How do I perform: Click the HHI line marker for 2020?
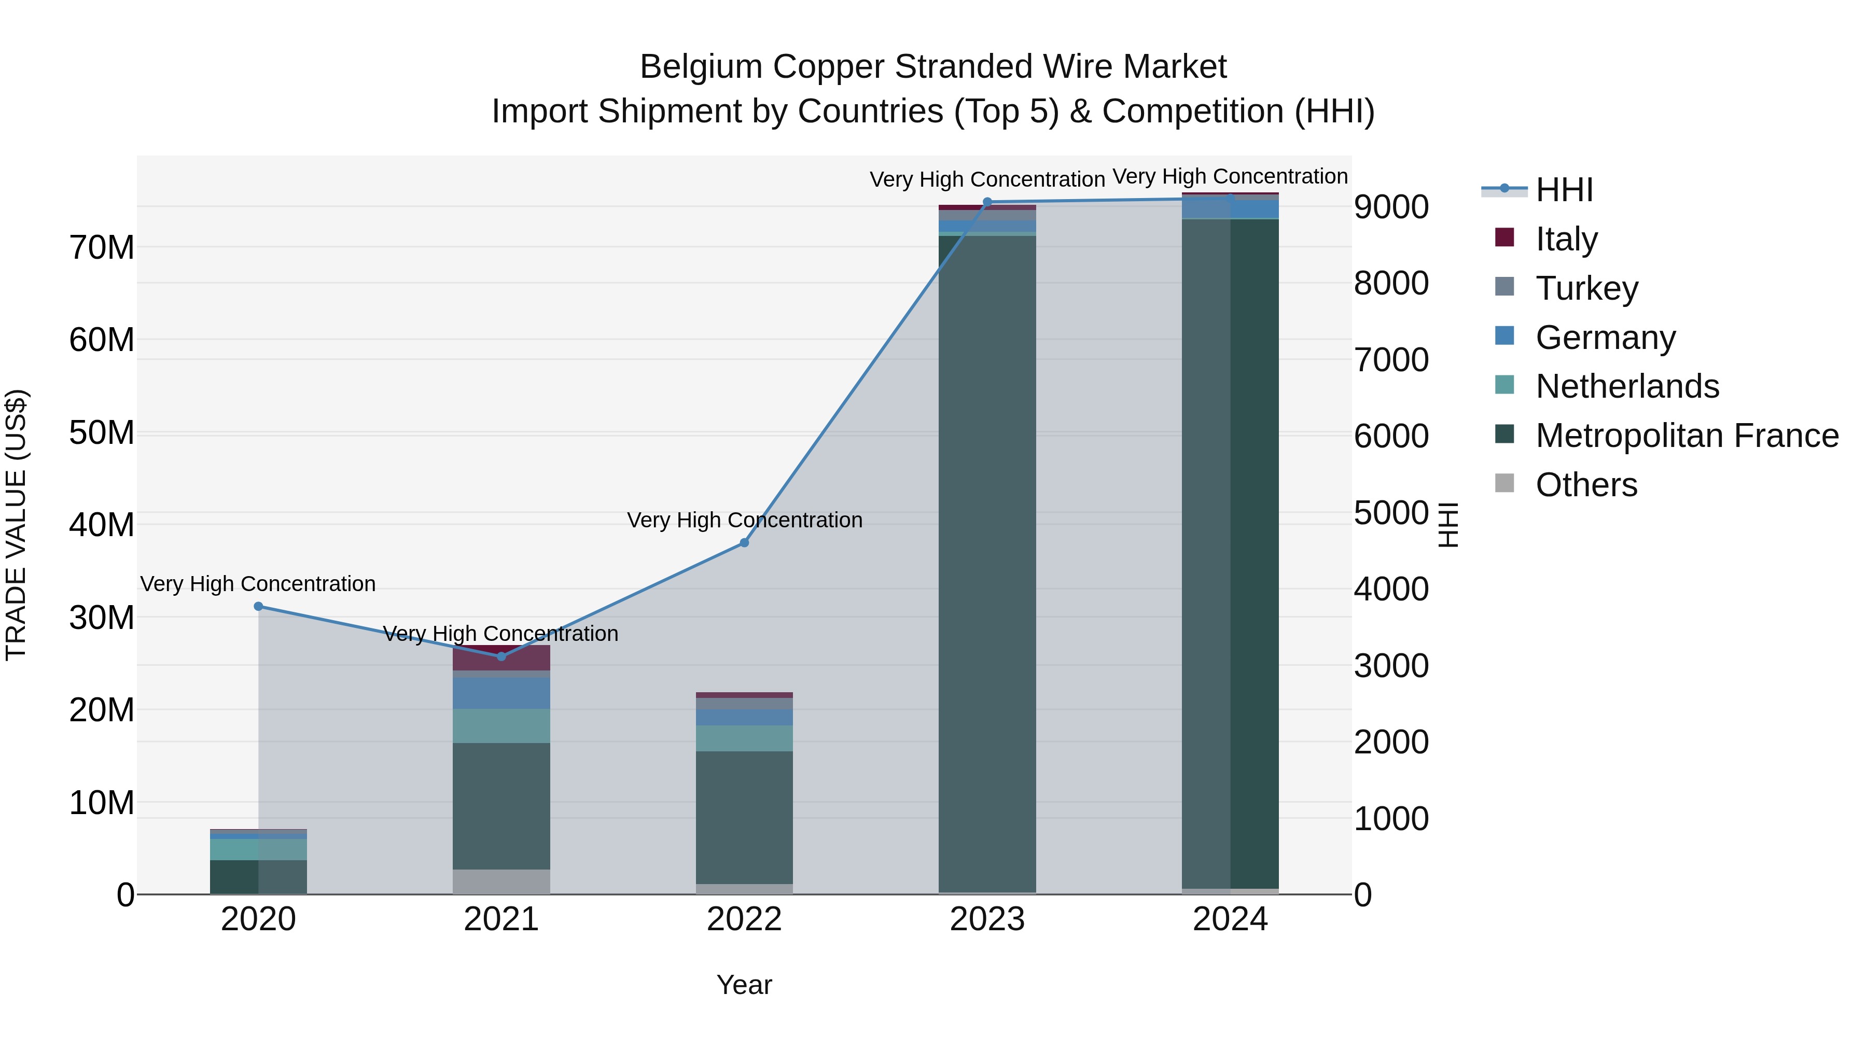tap(259, 607)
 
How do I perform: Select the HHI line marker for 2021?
tap(501, 656)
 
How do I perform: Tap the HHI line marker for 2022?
tap(744, 543)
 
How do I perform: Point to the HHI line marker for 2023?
tap(987, 202)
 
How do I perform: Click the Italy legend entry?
tap(1566, 239)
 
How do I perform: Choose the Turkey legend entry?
tap(1586, 288)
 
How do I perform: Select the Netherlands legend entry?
tap(1626, 386)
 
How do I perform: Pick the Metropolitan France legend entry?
tap(1686, 436)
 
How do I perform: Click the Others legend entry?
tap(1586, 485)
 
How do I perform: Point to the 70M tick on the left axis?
tap(102, 248)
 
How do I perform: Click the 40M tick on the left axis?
tap(102, 525)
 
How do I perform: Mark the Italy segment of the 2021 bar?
tap(501, 658)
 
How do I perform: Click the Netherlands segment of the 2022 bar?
tap(744, 738)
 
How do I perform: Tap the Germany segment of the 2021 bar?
tap(501, 693)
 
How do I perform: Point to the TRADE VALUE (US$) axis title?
tap(16, 525)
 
